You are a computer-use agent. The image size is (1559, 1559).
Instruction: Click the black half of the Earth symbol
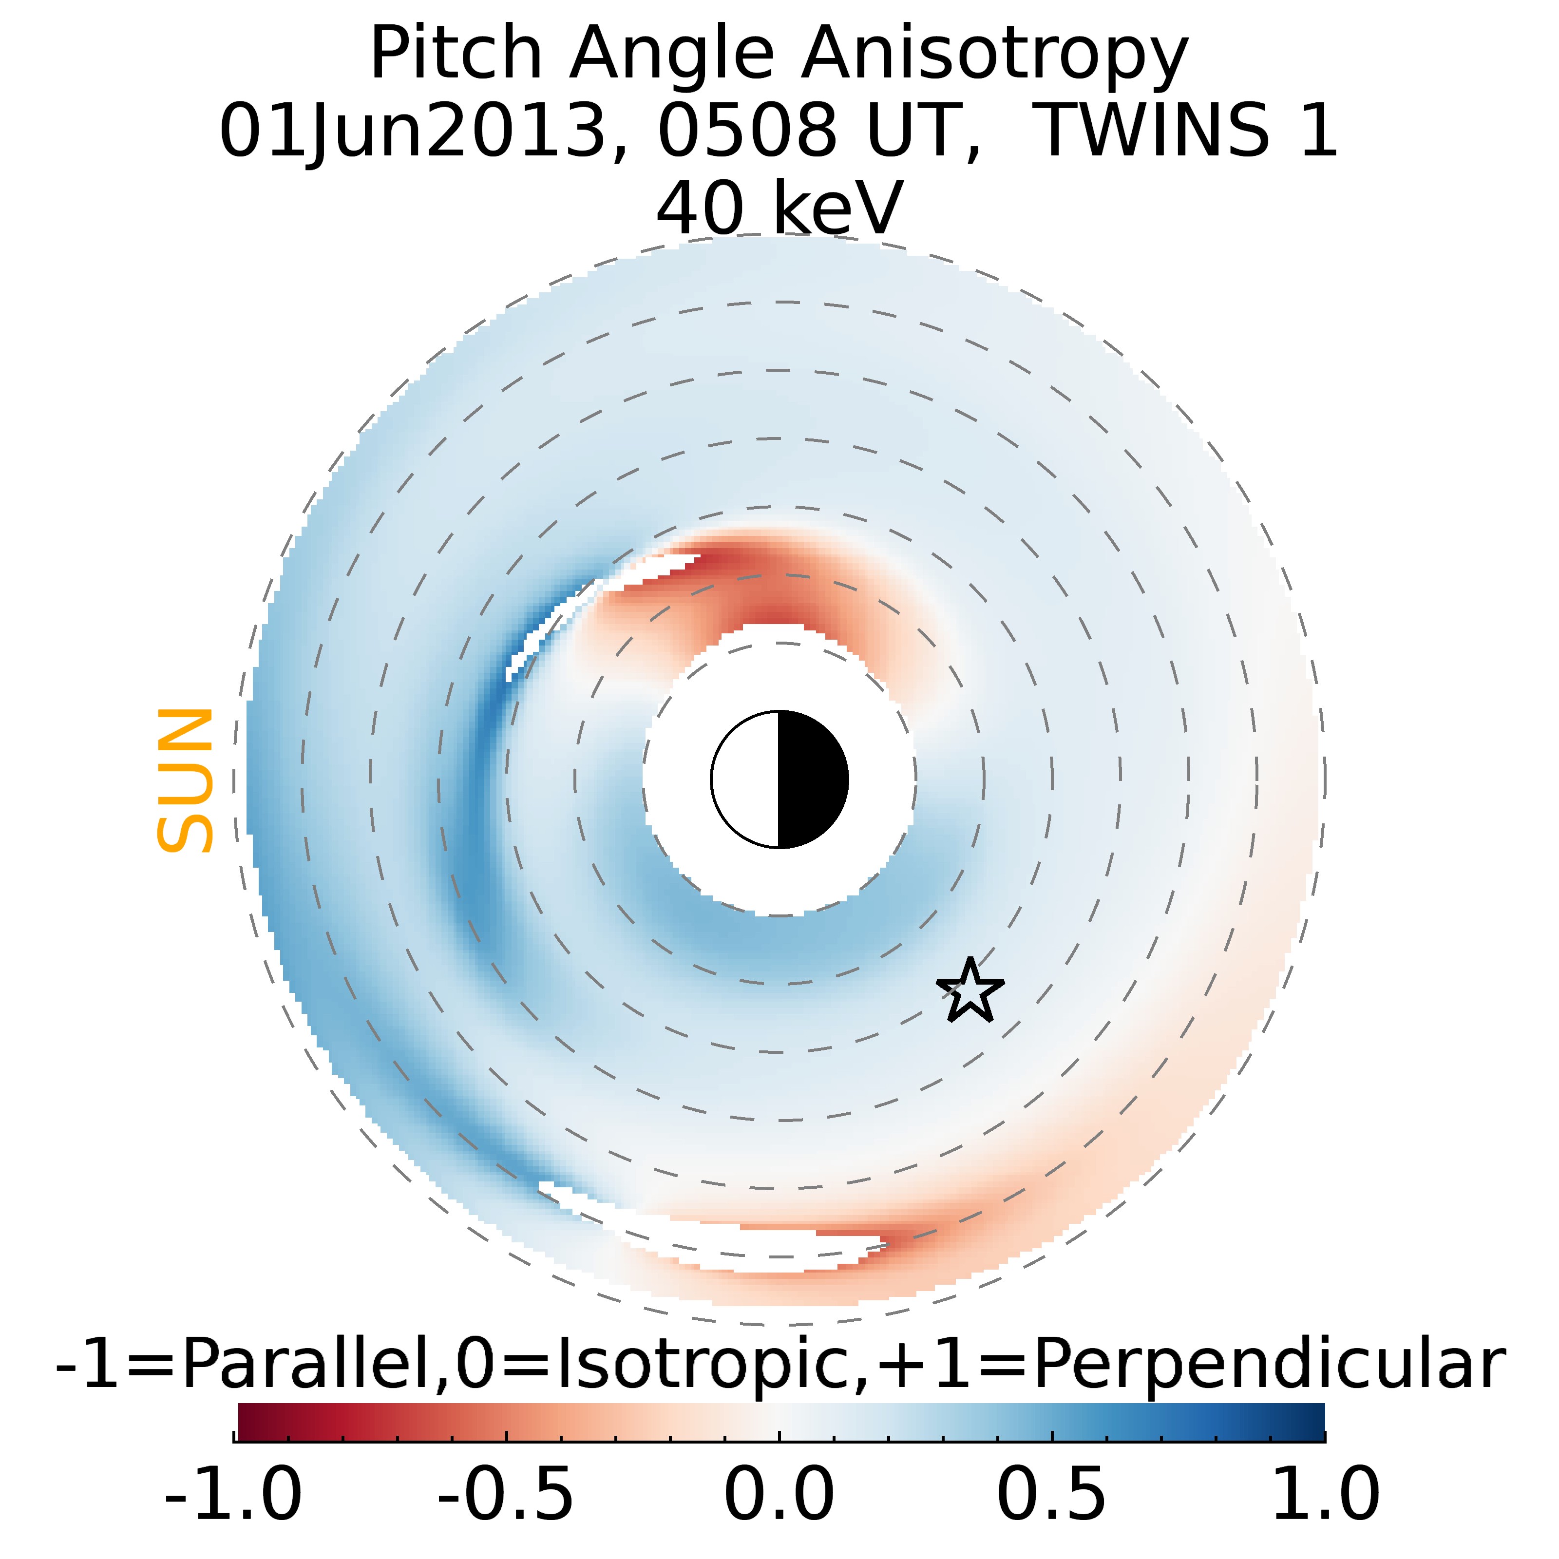pyautogui.click(x=812, y=779)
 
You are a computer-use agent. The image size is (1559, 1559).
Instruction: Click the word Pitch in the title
pyautogui.click(x=456, y=55)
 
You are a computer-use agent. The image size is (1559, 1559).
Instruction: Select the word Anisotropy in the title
pyautogui.click(x=994, y=55)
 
